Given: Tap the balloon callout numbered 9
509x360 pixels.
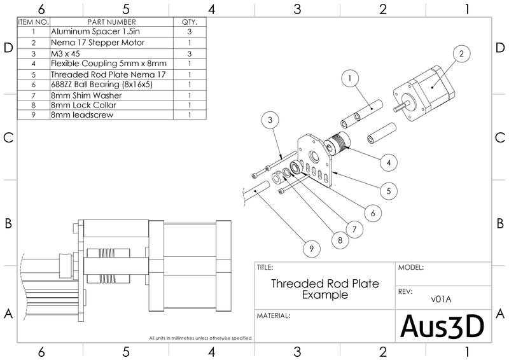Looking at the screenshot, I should pyautogui.click(x=311, y=249).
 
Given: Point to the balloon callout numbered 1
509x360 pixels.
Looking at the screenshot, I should pyautogui.click(x=349, y=79).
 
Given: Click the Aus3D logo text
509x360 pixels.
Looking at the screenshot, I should pyautogui.click(x=442, y=326).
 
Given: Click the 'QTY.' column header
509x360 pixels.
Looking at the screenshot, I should pyautogui.click(x=190, y=21).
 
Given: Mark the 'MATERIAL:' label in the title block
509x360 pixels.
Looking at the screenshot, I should pyautogui.click(x=274, y=315).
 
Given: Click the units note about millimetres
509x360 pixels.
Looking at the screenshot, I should pyautogui.click(x=200, y=338).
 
